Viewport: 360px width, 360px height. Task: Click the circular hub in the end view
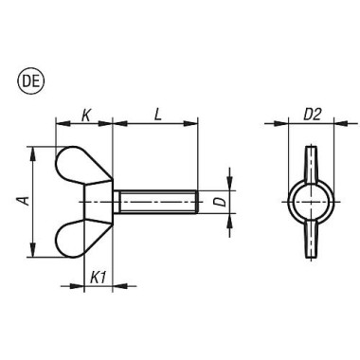click(x=309, y=201)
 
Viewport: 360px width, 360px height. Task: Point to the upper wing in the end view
click(x=309, y=161)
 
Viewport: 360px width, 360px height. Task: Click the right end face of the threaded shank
click(x=195, y=203)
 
